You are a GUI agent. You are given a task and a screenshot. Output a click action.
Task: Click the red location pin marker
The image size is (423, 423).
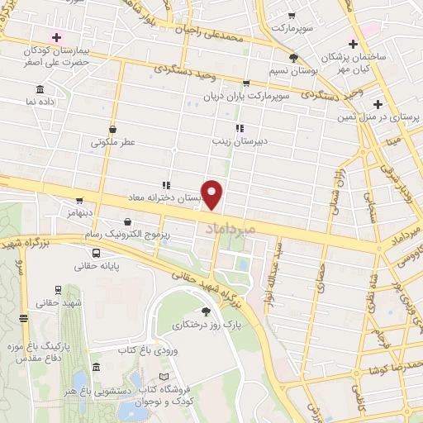click(213, 194)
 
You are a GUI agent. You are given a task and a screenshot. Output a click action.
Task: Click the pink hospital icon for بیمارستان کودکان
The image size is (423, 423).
click(57, 37)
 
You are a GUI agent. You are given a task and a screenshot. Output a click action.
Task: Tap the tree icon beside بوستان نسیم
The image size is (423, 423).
click(294, 57)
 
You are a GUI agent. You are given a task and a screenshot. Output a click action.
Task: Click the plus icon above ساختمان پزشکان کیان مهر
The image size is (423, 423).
click(354, 43)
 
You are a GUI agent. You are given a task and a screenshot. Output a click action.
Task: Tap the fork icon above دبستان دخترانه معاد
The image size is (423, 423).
click(166, 185)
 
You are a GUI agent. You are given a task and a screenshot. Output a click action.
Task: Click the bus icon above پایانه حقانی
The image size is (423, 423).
click(97, 253)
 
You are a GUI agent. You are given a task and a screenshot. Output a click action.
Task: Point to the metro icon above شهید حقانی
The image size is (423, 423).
click(59, 289)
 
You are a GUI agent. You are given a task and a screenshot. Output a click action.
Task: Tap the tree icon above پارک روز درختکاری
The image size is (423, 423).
click(205, 311)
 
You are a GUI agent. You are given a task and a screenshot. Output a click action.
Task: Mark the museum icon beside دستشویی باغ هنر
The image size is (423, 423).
click(97, 367)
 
